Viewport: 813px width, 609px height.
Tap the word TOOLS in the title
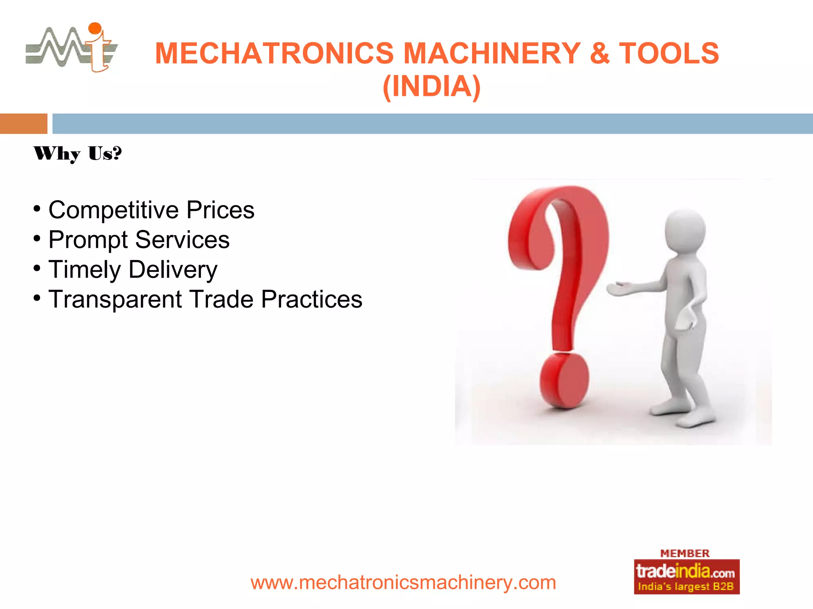[669, 53]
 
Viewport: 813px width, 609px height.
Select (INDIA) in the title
[432, 86]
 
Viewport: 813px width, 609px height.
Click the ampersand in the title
[599, 53]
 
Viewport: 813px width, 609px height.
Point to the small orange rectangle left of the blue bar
[23, 123]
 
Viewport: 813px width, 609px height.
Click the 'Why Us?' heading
[77, 153]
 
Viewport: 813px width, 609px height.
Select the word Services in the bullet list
[182, 239]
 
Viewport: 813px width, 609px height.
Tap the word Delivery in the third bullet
[173, 270]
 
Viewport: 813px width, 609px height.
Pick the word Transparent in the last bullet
[115, 299]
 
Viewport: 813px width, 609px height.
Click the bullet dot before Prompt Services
[37, 239]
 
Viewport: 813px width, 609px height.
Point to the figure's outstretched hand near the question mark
[618, 289]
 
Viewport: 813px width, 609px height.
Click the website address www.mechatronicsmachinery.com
[403, 582]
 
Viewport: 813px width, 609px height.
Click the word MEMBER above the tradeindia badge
[684, 553]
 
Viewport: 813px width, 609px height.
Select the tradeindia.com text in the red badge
[685, 572]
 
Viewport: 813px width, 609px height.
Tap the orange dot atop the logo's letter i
[95, 28]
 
